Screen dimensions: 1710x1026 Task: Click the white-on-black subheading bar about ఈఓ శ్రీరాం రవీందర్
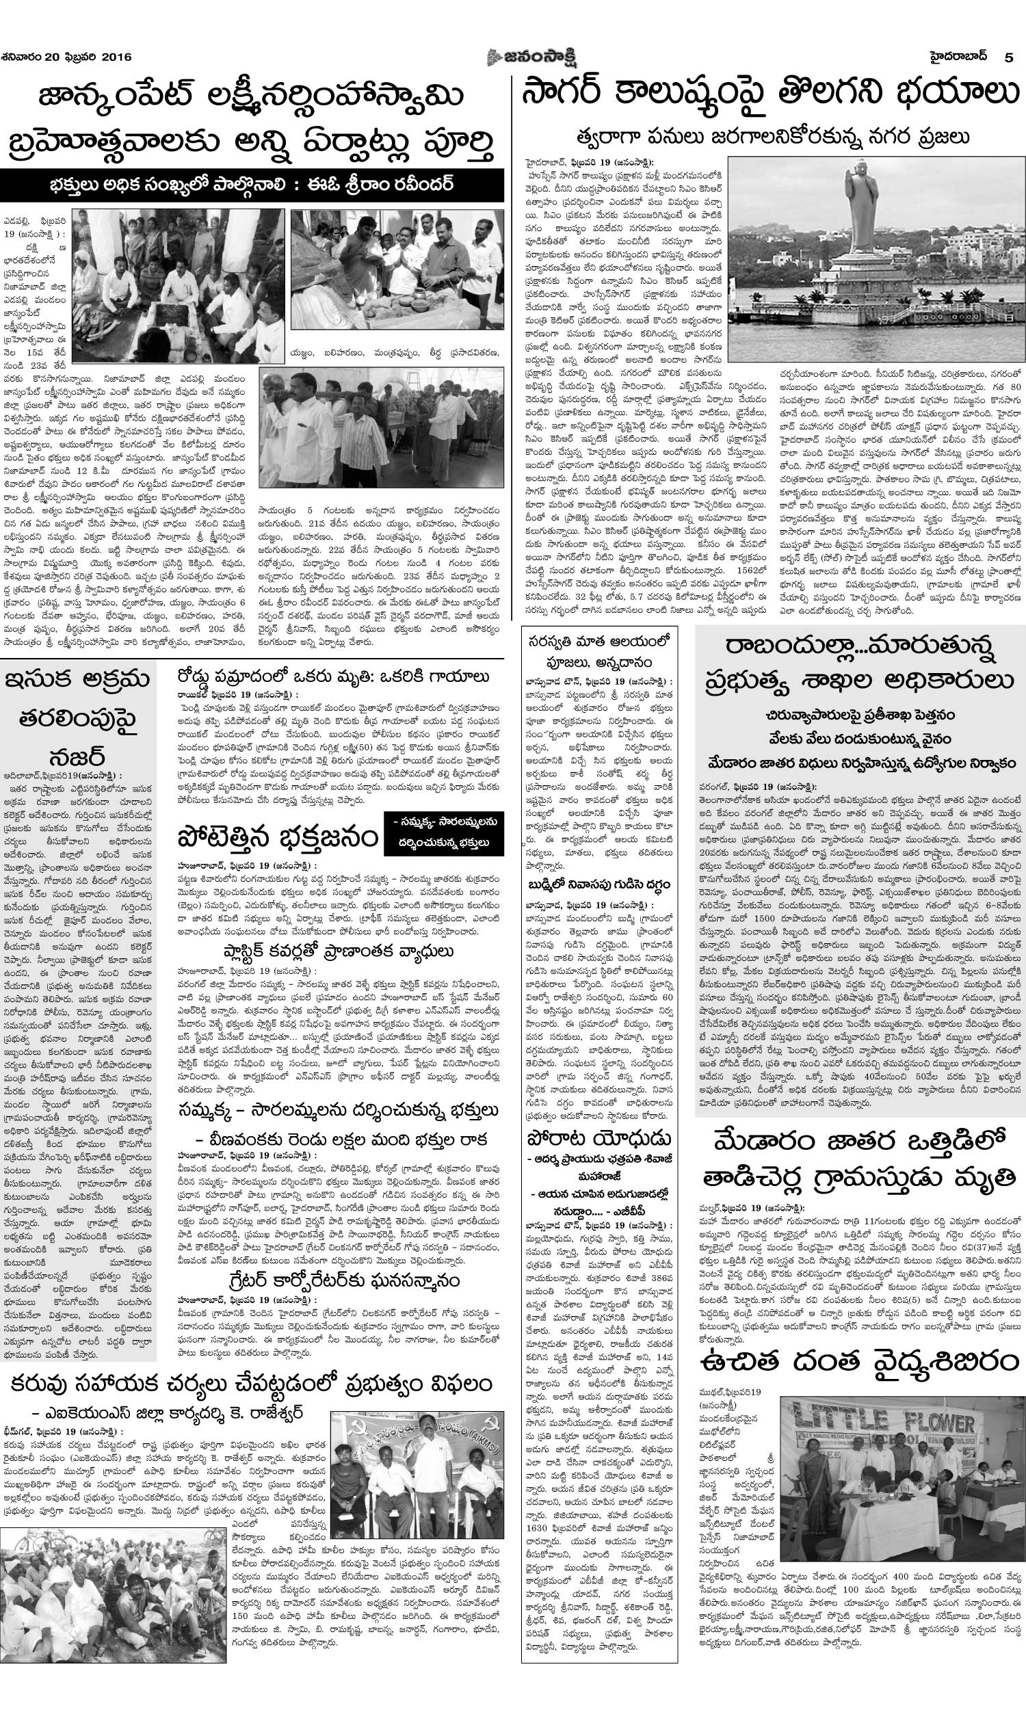252,187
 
